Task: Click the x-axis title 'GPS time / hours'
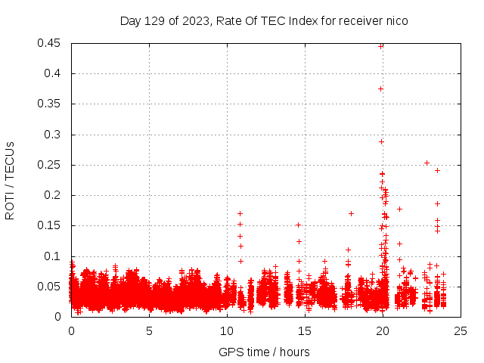tap(264, 352)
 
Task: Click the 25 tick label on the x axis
tap(461, 330)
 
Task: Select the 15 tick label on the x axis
tap(305, 330)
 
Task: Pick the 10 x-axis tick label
tap(227, 330)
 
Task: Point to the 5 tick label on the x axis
tap(149, 330)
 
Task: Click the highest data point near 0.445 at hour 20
tap(380, 46)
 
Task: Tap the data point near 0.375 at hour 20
tap(380, 88)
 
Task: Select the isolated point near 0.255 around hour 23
tap(427, 163)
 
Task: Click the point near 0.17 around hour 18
tap(351, 213)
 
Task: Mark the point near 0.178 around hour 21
tap(399, 209)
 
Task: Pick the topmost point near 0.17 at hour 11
tap(240, 213)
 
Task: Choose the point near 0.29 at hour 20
tap(381, 141)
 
